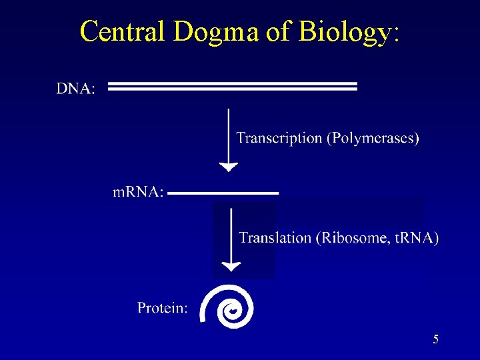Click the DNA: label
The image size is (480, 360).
click(75, 89)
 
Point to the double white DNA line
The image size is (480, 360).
click(233, 87)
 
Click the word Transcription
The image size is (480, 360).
click(279, 138)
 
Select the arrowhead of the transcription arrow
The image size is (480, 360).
click(229, 167)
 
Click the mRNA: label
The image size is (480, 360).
click(137, 193)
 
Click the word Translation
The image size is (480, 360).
click(275, 237)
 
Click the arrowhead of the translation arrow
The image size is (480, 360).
click(231, 266)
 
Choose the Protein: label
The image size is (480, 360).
click(163, 307)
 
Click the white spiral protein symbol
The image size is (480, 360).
click(229, 307)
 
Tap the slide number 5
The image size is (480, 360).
click(435, 339)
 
